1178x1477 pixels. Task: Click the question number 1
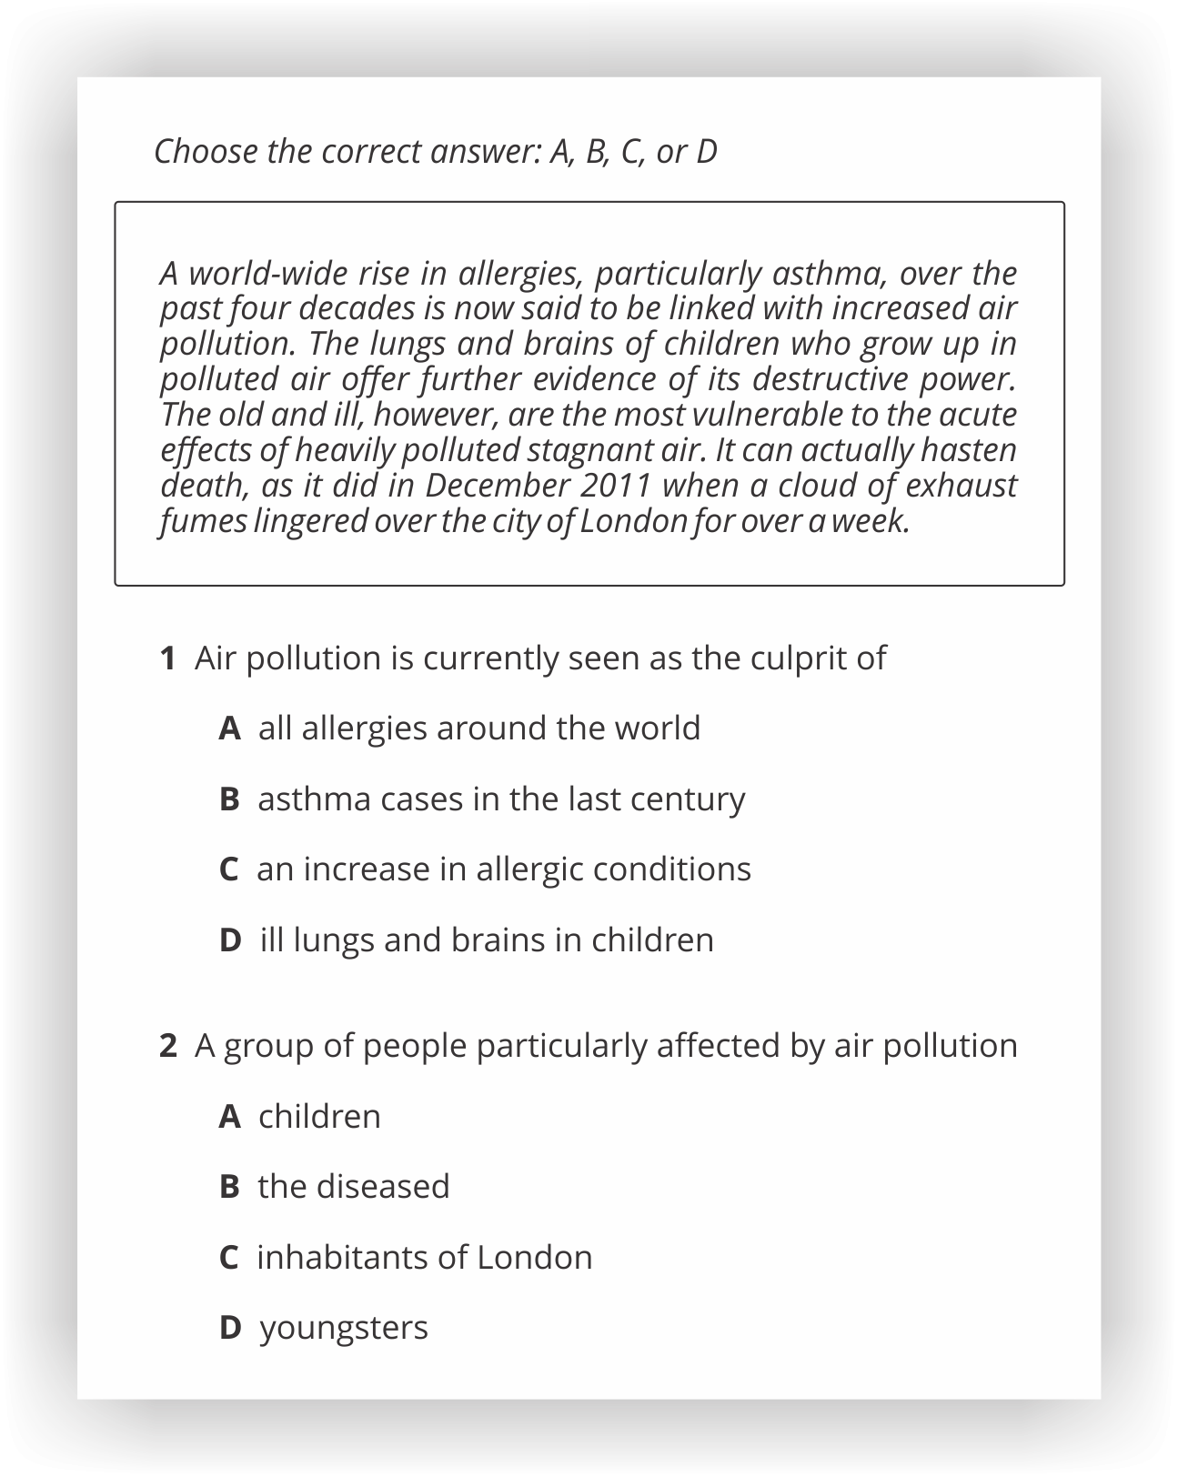coord(167,658)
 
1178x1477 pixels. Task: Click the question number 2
coord(167,1046)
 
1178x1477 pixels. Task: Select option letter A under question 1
coord(229,728)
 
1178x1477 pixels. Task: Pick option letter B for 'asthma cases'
coord(229,799)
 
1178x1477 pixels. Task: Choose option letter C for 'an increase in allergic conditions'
coord(228,869)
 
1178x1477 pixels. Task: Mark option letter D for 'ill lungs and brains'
coord(230,940)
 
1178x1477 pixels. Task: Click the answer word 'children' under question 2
coord(319,1117)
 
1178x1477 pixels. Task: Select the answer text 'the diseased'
coord(354,1187)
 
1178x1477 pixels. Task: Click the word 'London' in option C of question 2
coord(534,1258)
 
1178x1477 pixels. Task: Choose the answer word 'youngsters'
coord(344,1328)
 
